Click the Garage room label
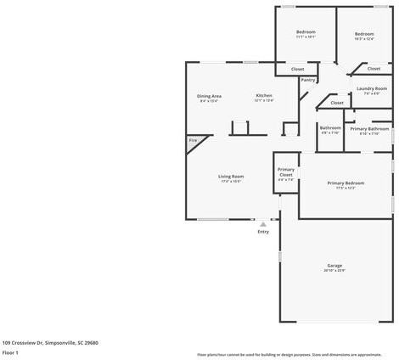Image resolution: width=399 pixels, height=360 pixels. pyautogui.click(x=334, y=267)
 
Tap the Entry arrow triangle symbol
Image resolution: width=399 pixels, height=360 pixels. pyautogui.click(x=263, y=224)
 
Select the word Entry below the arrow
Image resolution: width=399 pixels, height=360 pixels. pyautogui.click(x=263, y=232)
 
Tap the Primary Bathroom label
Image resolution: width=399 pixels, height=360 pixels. pyautogui.click(x=369, y=130)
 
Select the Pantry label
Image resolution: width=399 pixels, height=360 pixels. pyautogui.click(x=307, y=81)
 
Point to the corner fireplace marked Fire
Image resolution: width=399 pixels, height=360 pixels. pyautogui.click(x=194, y=141)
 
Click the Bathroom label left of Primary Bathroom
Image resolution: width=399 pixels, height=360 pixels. pyautogui.click(x=330, y=130)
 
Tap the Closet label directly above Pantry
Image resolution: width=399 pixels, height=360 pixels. pyautogui.click(x=297, y=69)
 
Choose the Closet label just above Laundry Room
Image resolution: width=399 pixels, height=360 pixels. pyautogui.click(x=374, y=69)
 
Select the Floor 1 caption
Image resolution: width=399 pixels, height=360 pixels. pyautogui.click(x=11, y=352)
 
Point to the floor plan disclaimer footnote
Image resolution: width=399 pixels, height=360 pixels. pyautogui.click(x=289, y=354)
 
